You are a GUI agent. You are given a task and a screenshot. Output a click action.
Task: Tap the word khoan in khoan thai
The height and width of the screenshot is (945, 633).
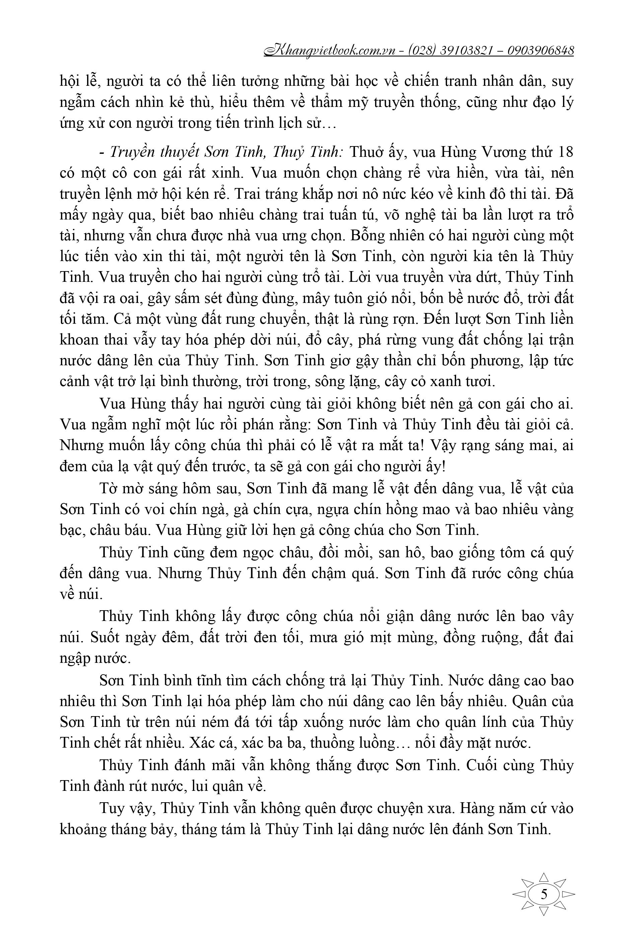(x=79, y=340)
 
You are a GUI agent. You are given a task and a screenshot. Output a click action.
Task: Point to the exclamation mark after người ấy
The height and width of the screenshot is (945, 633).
(x=444, y=466)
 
